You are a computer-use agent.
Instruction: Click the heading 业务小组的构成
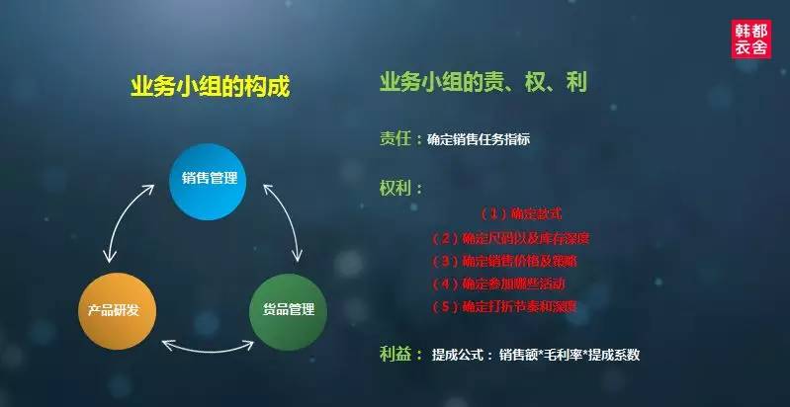coord(211,86)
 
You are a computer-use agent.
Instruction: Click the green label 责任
coord(394,139)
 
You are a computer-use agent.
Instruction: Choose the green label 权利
coord(395,187)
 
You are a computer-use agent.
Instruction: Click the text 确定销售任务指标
coord(479,140)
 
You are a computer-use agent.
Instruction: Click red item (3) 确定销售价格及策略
coord(504,262)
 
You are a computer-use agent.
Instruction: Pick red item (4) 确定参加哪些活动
coord(504,285)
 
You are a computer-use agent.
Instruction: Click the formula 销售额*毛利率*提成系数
coord(570,355)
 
